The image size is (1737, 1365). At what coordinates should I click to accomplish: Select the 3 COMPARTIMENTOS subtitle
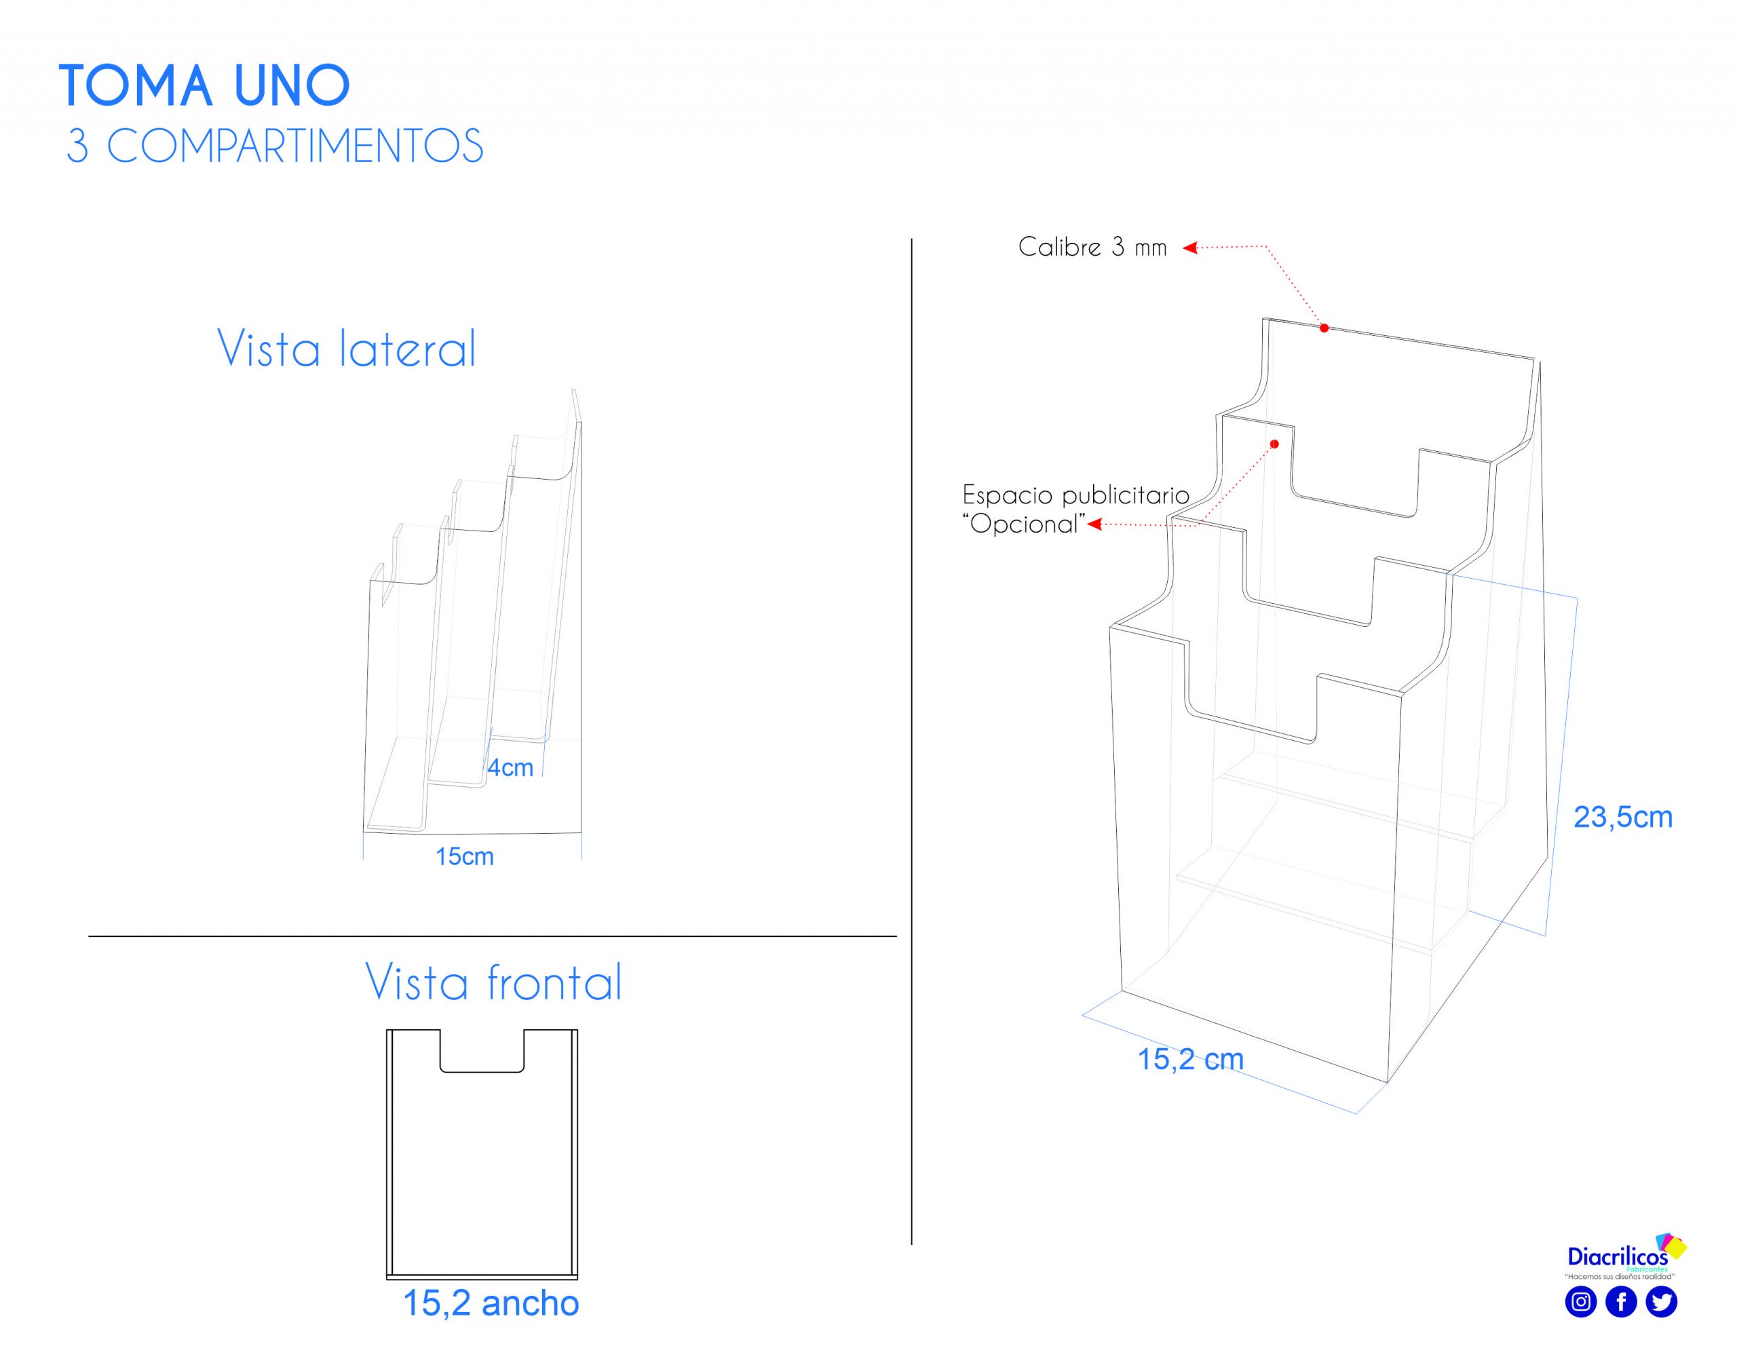pos(275,147)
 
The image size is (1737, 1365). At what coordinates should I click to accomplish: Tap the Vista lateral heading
pos(346,349)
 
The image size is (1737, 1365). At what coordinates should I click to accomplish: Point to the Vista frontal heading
pos(493,982)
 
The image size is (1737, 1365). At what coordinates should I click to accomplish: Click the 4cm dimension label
pos(510,768)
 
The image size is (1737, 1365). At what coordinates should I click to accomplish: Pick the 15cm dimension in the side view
pos(464,857)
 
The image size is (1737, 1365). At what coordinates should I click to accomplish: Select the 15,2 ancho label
pos(491,1303)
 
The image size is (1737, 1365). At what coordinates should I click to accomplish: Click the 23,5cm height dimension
pos(1623,817)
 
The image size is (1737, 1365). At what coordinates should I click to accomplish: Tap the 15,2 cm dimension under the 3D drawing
pos(1190,1059)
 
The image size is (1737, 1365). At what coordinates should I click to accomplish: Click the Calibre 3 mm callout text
pos(1092,247)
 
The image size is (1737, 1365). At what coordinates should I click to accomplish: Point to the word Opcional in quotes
pos(1025,524)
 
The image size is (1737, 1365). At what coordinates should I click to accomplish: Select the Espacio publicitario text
pos(1075,495)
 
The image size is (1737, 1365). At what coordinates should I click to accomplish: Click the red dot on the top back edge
pos(1324,328)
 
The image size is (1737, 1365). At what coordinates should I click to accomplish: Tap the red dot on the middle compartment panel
pos(1275,444)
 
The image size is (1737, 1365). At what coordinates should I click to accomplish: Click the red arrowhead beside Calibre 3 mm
pos(1190,248)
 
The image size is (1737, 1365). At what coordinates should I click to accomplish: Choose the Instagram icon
pos(1580,1302)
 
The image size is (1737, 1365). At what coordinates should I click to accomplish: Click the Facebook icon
pos(1621,1302)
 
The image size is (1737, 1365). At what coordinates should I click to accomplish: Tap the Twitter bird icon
pos(1661,1302)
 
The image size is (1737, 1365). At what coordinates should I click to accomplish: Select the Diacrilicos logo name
pos(1617,1257)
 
